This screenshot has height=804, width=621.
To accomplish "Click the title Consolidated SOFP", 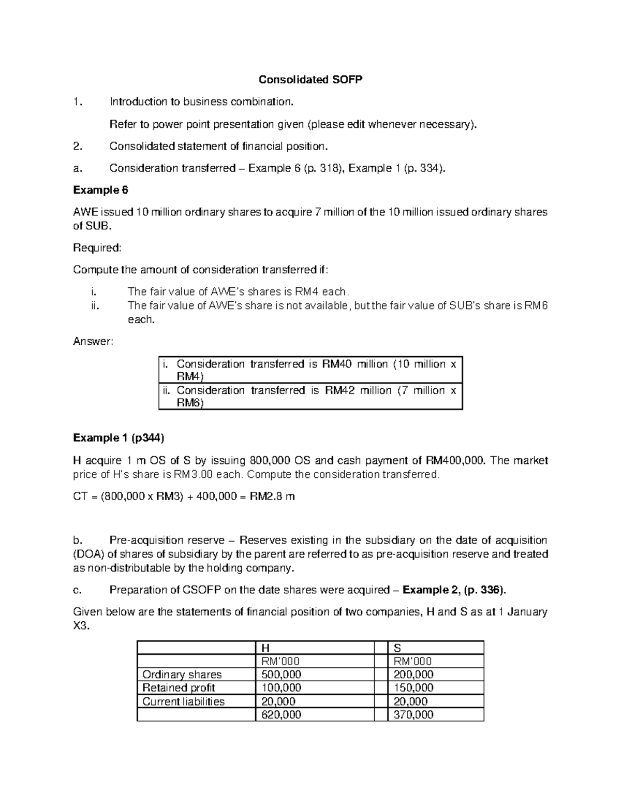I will click(310, 80).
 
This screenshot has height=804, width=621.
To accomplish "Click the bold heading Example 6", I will click(100, 190).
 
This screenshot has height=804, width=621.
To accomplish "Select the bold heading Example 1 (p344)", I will click(119, 438).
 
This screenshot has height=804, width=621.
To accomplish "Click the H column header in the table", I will click(265, 648).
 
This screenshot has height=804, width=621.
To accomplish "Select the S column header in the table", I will click(397, 648).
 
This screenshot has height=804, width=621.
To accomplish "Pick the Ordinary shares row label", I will click(182, 675).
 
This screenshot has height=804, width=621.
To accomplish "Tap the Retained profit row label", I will click(179, 688).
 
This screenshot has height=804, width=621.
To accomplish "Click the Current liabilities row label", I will click(183, 701).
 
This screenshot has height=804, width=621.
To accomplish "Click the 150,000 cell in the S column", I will click(413, 688).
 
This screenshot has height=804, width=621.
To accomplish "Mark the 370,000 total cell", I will click(413, 715).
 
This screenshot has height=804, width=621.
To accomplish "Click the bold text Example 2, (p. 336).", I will click(455, 590).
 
